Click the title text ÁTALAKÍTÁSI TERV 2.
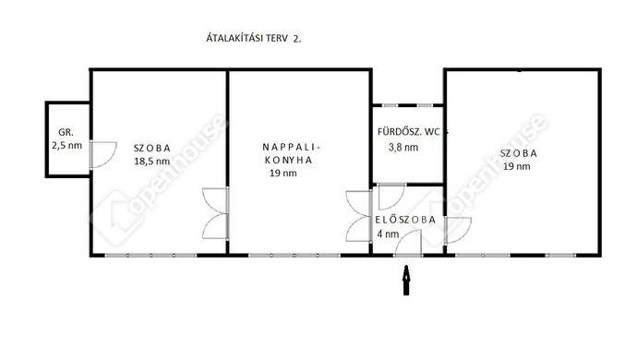point(254,38)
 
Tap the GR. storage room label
point(66,132)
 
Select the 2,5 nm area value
point(66,145)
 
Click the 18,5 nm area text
point(152,161)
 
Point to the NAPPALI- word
point(292,147)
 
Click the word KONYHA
point(288,160)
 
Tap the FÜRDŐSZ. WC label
point(409,132)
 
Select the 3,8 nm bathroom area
point(403,147)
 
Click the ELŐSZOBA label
point(405,220)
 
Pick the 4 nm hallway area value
point(388,234)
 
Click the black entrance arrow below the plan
point(406,280)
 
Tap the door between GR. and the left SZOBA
point(103,154)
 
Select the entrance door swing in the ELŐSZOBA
point(408,243)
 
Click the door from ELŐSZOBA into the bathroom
point(392,197)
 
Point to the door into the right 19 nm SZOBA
point(458,231)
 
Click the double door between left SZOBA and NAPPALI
point(215,213)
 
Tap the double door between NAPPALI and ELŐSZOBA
point(359,216)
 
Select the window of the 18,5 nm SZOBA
point(150,255)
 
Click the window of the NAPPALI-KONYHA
point(294,255)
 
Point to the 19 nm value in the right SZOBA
point(517,166)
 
